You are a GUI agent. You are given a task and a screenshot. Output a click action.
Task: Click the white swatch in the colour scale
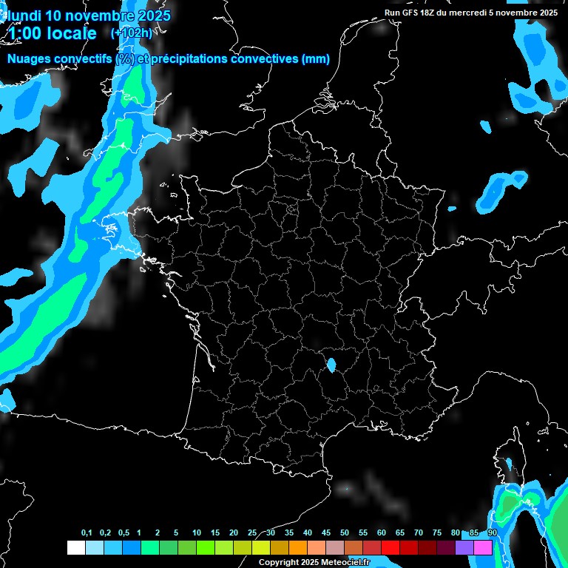(x=75, y=547)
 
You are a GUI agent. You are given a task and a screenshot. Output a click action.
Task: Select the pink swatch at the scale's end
(x=483, y=547)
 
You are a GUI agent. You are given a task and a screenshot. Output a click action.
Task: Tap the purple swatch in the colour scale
(x=464, y=547)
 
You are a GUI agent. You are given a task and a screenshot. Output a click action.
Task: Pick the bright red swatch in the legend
(x=390, y=547)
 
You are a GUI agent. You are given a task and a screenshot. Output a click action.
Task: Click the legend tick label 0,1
(x=87, y=533)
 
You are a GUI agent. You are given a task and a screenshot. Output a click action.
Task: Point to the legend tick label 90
(x=492, y=533)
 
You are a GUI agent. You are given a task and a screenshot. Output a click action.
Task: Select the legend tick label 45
(x=326, y=533)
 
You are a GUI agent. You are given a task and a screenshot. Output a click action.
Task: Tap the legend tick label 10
(x=196, y=533)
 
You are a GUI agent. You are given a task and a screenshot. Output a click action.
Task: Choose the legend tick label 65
(x=400, y=533)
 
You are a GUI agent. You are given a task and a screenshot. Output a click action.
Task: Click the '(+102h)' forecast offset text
(x=132, y=33)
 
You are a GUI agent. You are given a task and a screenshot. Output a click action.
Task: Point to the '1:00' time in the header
(x=27, y=33)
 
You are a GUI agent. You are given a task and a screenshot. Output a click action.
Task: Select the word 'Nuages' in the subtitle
(x=27, y=59)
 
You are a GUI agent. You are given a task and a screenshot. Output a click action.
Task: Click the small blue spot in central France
(x=331, y=363)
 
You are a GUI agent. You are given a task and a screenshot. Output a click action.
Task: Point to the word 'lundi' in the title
(x=22, y=16)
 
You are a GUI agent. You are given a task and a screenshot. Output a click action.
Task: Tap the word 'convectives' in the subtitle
(x=265, y=59)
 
